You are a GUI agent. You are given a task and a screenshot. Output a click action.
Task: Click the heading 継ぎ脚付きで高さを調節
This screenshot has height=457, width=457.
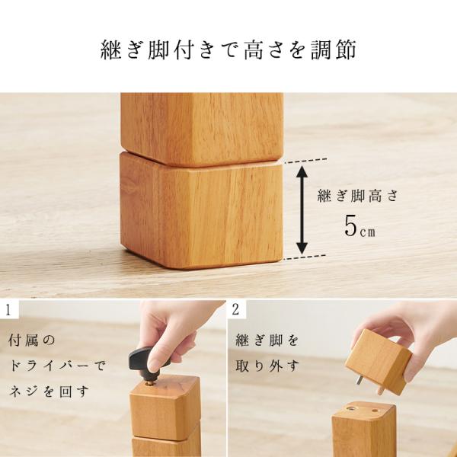228,51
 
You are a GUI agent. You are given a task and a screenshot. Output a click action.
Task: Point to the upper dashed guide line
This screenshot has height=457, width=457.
305,160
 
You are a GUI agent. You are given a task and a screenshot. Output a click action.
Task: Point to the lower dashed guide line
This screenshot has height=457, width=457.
305,257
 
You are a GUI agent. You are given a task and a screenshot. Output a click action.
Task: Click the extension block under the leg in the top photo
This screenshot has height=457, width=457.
201,213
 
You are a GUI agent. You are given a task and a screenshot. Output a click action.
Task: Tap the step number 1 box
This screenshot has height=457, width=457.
8,310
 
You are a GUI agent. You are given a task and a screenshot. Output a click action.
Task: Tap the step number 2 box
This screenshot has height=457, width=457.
238,310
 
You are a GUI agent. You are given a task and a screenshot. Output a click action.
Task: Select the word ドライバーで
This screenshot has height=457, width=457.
57,366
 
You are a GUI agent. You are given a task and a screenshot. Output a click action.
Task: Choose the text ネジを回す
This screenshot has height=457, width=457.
50,393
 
